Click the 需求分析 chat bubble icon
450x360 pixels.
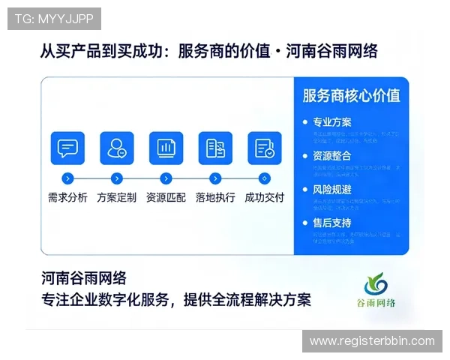point(67,148)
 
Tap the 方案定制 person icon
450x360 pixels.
point(116,148)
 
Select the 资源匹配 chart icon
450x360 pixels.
point(166,148)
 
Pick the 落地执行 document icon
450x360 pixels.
point(215,148)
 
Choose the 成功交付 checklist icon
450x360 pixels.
point(264,148)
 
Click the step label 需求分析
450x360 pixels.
point(67,198)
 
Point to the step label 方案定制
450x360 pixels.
point(116,198)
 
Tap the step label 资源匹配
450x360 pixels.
point(166,198)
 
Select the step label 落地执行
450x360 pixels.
point(215,198)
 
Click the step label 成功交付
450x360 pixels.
point(264,198)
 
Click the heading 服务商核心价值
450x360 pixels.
point(351,95)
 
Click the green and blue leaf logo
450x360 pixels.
point(376,284)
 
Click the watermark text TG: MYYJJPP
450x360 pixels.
point(53,18)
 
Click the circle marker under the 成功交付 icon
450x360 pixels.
point(264,178)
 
